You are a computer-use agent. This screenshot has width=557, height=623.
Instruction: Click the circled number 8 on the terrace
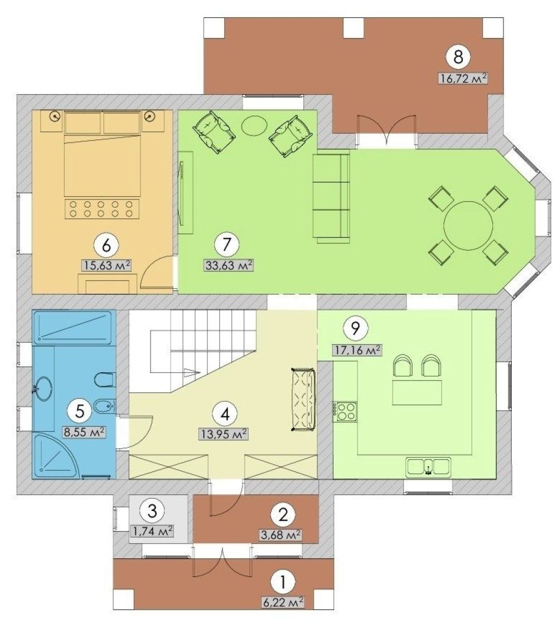point(458,57)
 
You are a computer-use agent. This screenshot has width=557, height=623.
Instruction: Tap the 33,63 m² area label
point(229,265)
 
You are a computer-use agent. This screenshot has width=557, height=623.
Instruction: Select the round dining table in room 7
point(468,225)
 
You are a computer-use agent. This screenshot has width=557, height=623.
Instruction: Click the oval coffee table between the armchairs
point(254,125)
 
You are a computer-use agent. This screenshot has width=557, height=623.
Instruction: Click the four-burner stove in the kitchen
point(345,411)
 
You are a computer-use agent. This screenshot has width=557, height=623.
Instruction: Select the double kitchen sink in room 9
point(428,466)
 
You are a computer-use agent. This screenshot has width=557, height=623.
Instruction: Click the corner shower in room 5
point(56,456)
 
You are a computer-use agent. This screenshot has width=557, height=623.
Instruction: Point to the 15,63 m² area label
point(106,265)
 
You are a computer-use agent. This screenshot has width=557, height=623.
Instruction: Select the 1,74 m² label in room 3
point(153,531)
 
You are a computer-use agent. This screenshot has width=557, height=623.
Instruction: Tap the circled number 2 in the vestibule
point(283,515)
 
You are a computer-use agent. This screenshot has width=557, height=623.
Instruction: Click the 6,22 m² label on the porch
point(283,601)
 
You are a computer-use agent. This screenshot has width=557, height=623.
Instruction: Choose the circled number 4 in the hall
point(225,415)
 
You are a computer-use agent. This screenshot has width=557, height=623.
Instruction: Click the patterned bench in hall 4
point(304,400)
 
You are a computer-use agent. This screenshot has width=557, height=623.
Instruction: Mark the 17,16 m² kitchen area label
point(357,350)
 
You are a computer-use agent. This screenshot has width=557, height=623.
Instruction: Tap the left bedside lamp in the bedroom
point(56,116)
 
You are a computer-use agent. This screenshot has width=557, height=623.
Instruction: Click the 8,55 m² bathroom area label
point(84,431)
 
